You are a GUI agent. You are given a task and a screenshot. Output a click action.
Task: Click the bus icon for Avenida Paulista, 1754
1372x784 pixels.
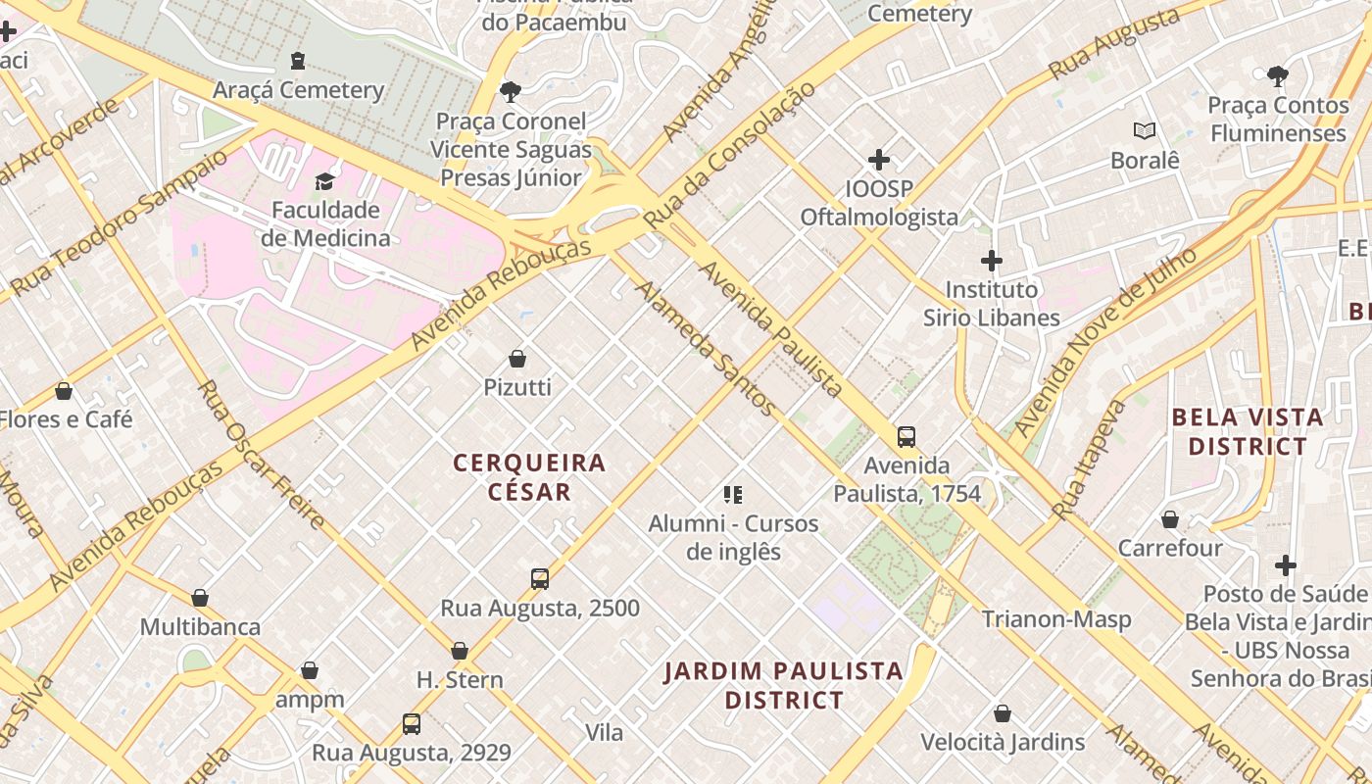(x=906, y=437)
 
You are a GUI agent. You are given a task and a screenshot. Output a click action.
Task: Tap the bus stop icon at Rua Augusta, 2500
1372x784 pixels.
(x=539, y=579)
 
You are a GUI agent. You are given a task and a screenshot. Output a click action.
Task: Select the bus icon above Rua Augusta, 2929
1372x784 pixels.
(x=412, y=724)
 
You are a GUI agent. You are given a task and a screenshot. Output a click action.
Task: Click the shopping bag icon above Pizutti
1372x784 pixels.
(x=517, y=360)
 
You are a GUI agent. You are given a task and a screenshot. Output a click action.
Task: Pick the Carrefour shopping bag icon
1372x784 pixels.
(x=1169, y=519)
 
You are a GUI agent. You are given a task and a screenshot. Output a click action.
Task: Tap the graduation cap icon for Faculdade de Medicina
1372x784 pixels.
(x=324, y=181)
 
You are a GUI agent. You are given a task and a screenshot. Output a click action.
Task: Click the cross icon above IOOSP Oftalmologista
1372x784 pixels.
(x=879, y=160)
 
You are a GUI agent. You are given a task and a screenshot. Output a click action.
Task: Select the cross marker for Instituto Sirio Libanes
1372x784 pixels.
(x=992, y=261)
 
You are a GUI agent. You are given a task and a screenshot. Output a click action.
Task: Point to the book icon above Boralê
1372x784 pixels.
(x=1144, y=130)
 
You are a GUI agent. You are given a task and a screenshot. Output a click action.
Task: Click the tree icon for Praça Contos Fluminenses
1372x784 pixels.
(x=1277, y=75)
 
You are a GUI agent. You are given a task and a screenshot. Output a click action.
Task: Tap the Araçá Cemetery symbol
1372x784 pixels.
(x=298, y=62)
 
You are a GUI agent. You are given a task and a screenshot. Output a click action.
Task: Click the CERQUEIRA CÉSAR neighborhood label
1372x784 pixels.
(x=529, y=476)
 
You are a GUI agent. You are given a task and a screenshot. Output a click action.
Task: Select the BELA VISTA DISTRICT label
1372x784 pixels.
(x=1248, y=431)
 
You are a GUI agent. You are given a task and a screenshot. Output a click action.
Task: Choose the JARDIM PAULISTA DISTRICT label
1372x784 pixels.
(x=784, y=685)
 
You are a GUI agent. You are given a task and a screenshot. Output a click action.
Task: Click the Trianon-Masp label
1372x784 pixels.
(x=1056, y=619)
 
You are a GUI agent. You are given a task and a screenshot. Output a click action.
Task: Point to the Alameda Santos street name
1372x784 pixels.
(x=707, y=349)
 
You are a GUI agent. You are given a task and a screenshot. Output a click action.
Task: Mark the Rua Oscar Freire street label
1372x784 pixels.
(x=261, y=455)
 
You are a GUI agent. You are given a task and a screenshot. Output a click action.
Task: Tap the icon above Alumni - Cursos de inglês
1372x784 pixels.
(x=733, y=495)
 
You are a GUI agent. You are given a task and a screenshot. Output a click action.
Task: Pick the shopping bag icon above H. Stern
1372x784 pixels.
(x=460, y=651)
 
